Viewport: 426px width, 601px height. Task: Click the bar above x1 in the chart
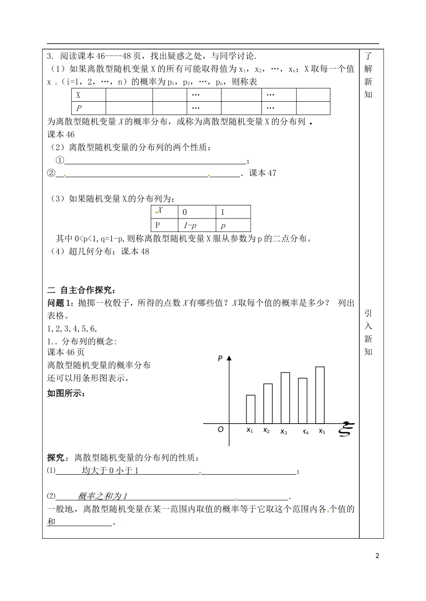pyautogui.click(x=251, y=409)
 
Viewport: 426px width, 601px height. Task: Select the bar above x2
pyautogui.click(x=268, y=403)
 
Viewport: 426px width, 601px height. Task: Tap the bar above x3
pyautogui.click(x=285, y=397)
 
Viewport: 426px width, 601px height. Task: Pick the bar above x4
pyautogui.click(x=303, y=400)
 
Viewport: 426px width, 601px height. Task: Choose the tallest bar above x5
pyautogui.click(x=320, y=395)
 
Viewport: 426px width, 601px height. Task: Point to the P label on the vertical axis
pyautogui.click(x=220, y=358)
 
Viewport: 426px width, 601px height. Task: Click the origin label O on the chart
pyautogui.click(x=220, y=429)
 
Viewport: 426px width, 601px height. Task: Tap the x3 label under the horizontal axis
pyautogui.click(x=283, y=432)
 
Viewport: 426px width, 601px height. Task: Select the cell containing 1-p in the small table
pyautogui.click(x=196, y=225)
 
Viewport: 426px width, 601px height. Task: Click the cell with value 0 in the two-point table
pyautogui.click(x=196, y=212)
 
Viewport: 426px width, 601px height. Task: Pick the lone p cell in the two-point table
pyautogui.click(x=233, y=225)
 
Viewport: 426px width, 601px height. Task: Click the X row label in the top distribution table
pyautogui.click(x=88, y=95)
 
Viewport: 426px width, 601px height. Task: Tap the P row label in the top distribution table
pyautogui.click(x=88, y=108)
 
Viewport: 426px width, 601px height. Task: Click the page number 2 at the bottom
pyautogui.click(x=377, y=556)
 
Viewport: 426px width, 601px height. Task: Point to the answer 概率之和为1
pyautogui.click(x=103, y=496)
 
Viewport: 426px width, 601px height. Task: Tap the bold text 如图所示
pyautogui.click(x=66, y=394)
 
